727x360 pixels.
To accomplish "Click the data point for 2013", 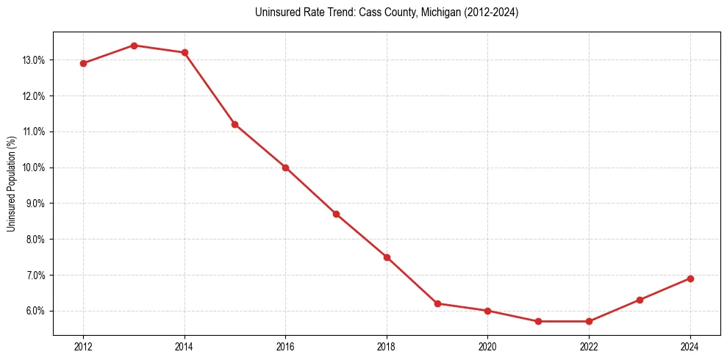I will click(x=134, y=46).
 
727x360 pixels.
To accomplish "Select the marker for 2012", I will click(x=83, y=63).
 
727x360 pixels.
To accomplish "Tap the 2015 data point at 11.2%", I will click(x=234, y=124).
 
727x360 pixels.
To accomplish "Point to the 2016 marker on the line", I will click(x=285, y=168).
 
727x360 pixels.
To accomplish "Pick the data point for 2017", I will click(x=336, y=214).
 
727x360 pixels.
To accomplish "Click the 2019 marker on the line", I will click(x=437, y=303).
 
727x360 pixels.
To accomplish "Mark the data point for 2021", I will click(x=538, y=321).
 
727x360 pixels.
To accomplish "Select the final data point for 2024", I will click(x=690, y=278).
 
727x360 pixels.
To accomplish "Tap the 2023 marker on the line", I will click(x=640, y=300).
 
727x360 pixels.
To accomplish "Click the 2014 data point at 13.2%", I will click(x=185, y=52).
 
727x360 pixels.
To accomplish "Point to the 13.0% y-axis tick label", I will click(x=34, y=60).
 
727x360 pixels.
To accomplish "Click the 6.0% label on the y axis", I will click(x=35, y=311).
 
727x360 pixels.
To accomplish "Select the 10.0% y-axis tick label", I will click(x=34, y=168).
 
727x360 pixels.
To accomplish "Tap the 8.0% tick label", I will click(x=35, y=240).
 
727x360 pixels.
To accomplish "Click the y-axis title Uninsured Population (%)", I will click(x=12, y=183).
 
